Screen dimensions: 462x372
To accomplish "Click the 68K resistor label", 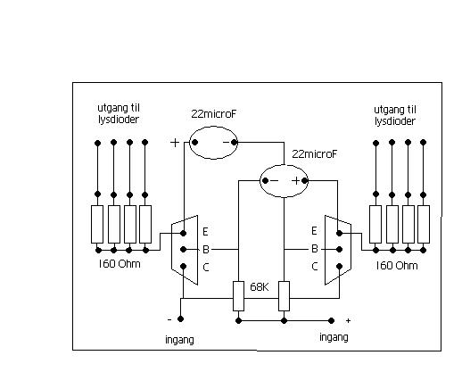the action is point(260,287).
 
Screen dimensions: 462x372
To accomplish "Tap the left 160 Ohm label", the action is point(120,264).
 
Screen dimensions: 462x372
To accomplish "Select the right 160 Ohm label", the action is point(397,266).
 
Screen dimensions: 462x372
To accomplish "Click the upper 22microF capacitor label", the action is point(214,114).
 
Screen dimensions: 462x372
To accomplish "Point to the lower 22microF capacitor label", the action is point(315,154).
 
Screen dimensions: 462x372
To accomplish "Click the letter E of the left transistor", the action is point(205,231).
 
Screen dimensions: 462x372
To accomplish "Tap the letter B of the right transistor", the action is point(315,249).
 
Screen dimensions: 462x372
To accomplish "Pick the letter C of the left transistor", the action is point(206,268).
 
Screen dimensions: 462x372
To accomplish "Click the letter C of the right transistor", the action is point(315,266).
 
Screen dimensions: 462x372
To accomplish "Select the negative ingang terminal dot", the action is point(180,319).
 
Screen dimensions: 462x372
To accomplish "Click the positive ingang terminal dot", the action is point(331,320).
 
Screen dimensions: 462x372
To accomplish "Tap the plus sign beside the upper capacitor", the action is point(175,143).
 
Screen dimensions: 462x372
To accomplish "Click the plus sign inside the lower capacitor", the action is point(296,180).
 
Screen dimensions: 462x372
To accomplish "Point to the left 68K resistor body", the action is point(238,296).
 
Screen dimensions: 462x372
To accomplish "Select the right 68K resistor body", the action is point(284,296).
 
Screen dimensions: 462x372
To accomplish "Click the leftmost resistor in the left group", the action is point(97,224).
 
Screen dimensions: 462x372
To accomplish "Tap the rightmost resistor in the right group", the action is point(424,224).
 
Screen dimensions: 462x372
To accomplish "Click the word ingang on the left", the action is point(179,340).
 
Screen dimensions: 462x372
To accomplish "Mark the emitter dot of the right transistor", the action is point(339,234).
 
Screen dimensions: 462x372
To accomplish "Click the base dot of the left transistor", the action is point(184,249).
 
